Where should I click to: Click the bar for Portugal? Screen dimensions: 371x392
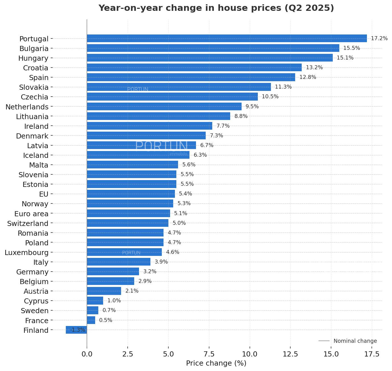227,38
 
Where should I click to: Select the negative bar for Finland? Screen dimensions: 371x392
76,330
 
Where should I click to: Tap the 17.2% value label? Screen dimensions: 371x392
379,38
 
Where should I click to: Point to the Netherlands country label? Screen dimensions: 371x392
27,107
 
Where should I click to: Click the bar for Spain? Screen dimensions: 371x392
191,77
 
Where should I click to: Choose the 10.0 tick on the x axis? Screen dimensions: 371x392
250,354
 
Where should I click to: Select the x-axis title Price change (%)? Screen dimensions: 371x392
216,363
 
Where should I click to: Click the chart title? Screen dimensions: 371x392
216,8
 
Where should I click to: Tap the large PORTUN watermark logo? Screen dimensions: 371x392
161,146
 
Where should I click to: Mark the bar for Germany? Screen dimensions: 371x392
113,272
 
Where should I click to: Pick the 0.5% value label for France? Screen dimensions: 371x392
105,320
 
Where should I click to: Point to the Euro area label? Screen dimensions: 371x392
31,214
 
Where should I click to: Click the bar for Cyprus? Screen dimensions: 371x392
95,301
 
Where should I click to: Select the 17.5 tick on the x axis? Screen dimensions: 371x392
372,354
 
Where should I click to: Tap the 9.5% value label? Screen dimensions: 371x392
252,107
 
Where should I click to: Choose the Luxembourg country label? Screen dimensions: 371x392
26,252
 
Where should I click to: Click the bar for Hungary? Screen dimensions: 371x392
210,58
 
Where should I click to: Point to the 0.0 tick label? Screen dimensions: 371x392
87,354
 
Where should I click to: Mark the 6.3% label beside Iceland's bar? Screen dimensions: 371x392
200,155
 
